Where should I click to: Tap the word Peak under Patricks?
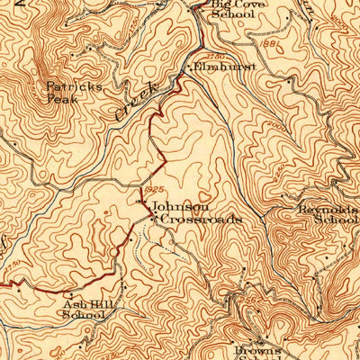coord(63,100)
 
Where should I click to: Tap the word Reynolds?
coord(324,210)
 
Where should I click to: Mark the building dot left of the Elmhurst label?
coord(188,67)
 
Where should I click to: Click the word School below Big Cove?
coord(231,15)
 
